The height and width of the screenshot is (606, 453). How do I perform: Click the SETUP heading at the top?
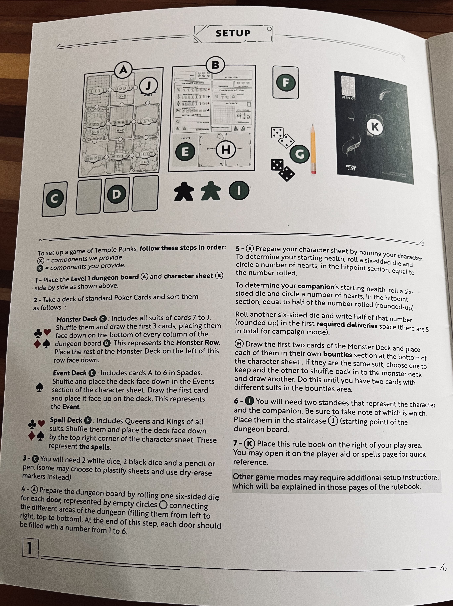click(233, 33)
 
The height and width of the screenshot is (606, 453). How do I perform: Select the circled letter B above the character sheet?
click(215, 65)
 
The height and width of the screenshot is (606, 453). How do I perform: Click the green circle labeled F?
click(286, 82)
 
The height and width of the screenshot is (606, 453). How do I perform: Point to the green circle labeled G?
click(300, 154)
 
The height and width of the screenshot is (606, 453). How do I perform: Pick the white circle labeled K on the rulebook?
click(375, 127)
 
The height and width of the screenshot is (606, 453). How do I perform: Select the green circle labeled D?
click(116, 194)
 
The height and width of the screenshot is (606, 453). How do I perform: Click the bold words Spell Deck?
click(66, 420)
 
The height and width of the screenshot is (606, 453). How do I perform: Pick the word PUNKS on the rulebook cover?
click(348, 98)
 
